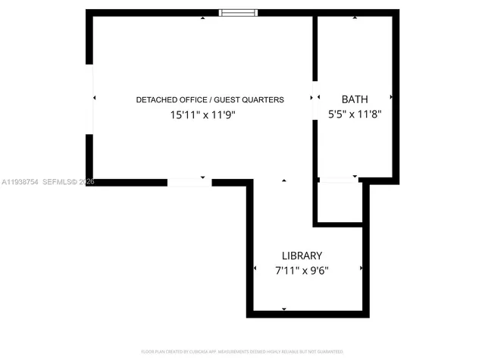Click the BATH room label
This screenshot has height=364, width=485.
tap(355, 99)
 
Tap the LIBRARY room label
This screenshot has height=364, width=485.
tap(302, 256)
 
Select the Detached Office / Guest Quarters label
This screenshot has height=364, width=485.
tap(210, 99)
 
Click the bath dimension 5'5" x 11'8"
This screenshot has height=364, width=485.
tap(354, 115)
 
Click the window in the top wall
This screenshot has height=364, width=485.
tap(238, 12)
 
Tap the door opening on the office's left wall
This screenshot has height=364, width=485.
tap(89, 99)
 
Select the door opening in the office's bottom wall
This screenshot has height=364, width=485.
tap(189, 182)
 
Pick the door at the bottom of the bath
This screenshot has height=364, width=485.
tap(339, 180)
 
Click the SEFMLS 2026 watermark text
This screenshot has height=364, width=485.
tap(69, 182)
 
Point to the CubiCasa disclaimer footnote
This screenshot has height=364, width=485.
tap(242, 352)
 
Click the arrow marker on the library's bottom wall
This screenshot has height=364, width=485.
tap(283, 309)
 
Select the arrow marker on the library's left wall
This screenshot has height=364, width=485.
tap(255, 269)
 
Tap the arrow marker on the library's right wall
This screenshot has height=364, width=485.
tap(361, 268)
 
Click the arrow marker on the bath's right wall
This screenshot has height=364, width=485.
tap(391, 98)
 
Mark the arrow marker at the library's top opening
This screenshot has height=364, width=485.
tap(283, 180)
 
